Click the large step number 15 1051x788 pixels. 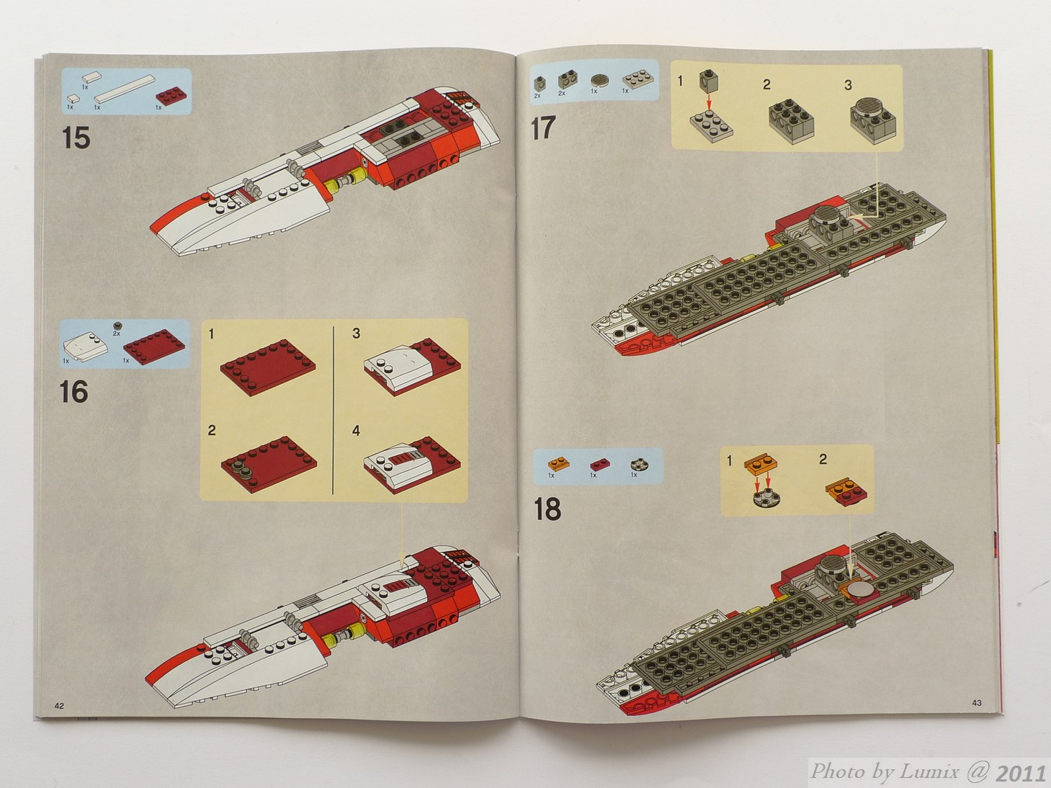click(76, 138)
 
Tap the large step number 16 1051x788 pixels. click(74, 392)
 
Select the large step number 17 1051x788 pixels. click(543, 127)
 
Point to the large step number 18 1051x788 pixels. click(547, 509)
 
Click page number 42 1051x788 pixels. click(59, 706)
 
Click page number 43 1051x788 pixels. click(977, 703)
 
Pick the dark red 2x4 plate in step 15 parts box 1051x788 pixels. click(171, 97)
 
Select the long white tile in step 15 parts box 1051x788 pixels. click(125, 89)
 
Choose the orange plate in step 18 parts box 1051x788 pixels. click(559, 463)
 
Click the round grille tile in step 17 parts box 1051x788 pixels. click(599, 80)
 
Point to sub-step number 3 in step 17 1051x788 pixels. click(848, 85)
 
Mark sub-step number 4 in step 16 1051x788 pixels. click(356, 431)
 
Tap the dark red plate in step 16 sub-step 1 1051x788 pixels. click(268, 367)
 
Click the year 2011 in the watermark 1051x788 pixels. click(1020, 773)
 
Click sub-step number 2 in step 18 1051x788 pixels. click(823, 460)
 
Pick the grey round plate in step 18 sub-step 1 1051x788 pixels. click(766, 498)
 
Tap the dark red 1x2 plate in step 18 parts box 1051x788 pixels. click(600, 464)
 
